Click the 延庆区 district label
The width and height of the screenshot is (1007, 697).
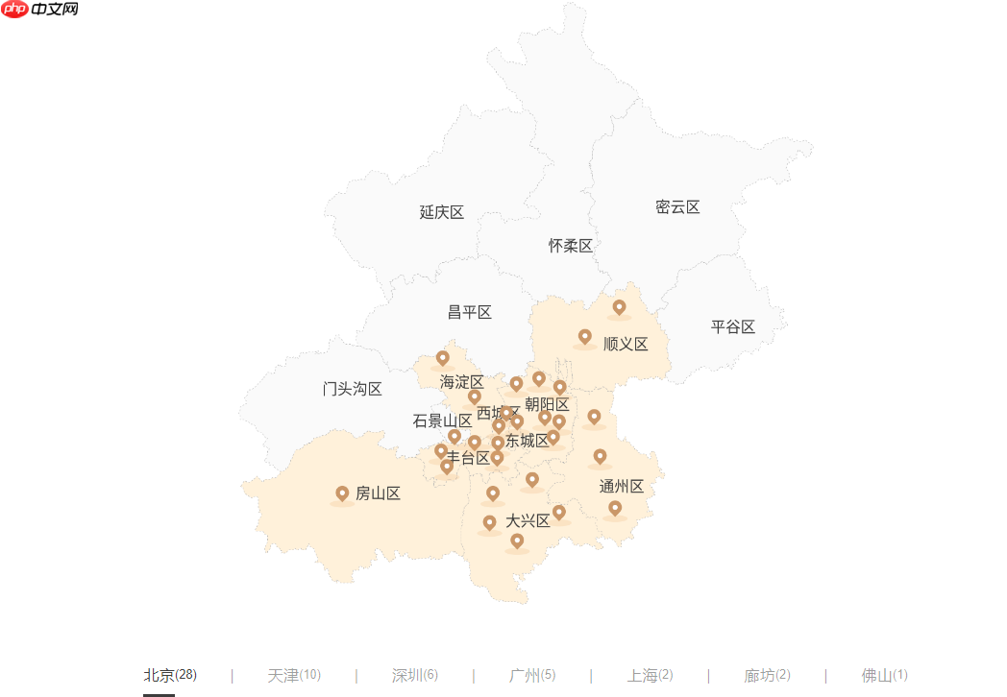tap(442, 212)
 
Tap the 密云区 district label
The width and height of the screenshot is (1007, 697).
tap(677, 206)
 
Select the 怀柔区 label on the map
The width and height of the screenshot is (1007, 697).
tap(571, 246)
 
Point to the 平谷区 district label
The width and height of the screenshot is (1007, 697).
tap(733, 326)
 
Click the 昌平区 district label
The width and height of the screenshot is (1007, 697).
tap(470, 312)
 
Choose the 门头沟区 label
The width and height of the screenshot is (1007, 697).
tap(353, 389)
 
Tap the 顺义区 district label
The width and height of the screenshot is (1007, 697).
tap(626, 344)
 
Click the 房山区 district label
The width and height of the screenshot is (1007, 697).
tap(378, 493)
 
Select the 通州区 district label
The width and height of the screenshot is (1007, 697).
tap(622, 486)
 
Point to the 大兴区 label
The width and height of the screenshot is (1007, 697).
tap(528, 520)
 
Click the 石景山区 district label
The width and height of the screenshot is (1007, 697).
tap(442, 421)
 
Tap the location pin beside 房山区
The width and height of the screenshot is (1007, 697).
tap(342, 493)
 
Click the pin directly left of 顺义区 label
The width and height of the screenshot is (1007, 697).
tap(584, 337)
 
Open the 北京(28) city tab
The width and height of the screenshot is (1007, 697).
tap(170, 675)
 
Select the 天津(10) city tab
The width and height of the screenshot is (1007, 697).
tap(293, 675)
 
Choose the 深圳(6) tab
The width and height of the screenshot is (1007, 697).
tap(415, 675)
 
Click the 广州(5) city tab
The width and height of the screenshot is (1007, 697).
tap(532, 675)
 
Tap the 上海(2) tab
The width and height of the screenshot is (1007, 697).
tap(651, 675)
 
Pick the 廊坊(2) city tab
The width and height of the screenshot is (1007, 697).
tap(768, 675)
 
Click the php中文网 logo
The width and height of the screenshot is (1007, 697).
tap(40, 10)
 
